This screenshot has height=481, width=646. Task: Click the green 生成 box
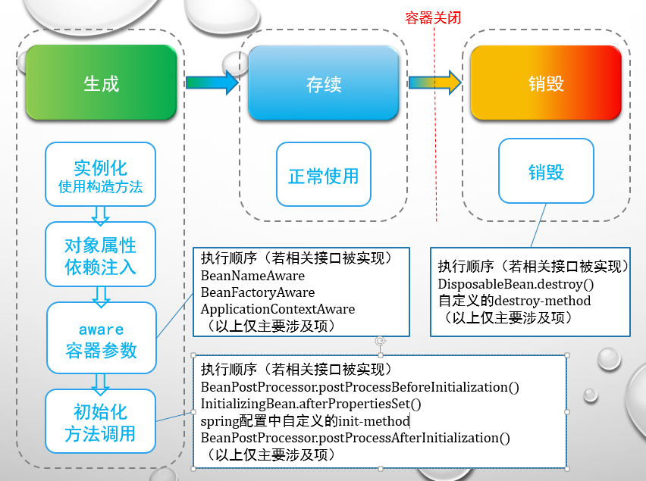(102, 83)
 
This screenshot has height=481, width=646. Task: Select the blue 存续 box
(323, 83)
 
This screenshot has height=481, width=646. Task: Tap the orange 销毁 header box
(546, 83)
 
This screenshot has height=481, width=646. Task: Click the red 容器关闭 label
(433, 17)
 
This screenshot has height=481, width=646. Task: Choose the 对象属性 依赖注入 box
(100, 255)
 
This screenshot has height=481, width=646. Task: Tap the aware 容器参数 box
(102, 339)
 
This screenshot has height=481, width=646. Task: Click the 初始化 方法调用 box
(100, 423)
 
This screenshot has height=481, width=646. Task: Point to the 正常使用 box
(323, 176)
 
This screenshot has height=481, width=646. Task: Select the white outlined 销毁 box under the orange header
(546, 172)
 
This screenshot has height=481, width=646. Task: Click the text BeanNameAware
(252, 276)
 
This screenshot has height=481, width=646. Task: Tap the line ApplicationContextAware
(278, 309)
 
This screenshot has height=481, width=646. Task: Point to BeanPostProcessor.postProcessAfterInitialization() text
(355, 438)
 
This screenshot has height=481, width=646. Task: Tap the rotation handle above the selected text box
(380, 341)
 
